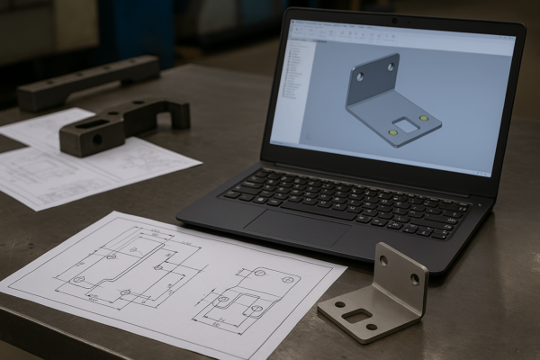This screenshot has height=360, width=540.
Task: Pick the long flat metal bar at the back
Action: tap(88, 81)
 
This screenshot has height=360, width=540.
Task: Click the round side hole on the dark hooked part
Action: tap(96, 139)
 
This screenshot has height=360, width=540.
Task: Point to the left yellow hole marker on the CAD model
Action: tap(392, 131)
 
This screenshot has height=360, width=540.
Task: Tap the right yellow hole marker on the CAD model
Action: tap(423, 117)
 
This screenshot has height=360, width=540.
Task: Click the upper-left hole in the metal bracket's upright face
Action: tap(383, 261)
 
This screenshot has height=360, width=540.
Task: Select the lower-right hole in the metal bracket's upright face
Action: tap(414, 279)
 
